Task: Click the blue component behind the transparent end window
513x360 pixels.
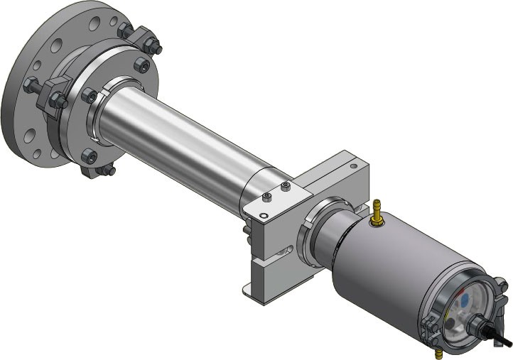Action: click(x=464, y=301)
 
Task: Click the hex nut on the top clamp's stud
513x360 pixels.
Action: click(x=152, y=48)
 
